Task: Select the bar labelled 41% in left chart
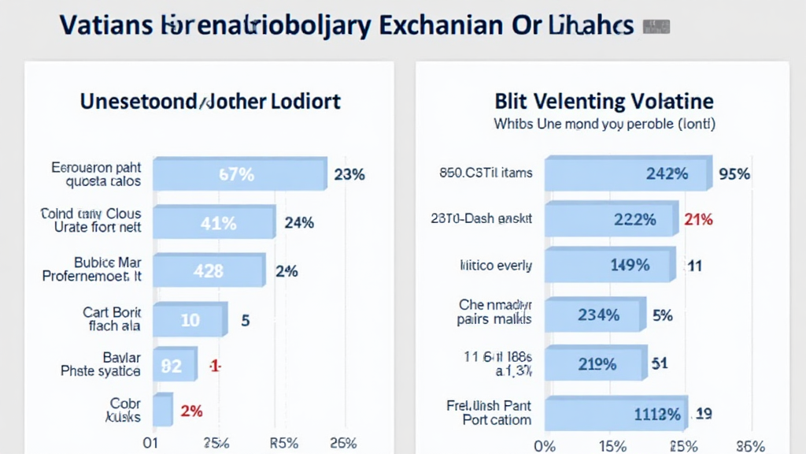[x=213, y=223]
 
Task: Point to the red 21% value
[x=699, y=220]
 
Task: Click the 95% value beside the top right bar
[x=734, y=174]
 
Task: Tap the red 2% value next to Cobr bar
[x=191, y=411]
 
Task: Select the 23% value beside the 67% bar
[x=349, y=174]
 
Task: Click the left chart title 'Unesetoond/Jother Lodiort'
[x=210, y=102]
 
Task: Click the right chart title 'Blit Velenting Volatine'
[x=604, y=102]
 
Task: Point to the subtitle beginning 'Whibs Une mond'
[x=604, y=125]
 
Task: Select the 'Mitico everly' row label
[x=496, y=266]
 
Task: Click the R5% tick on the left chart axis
[x=283, y=442]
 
